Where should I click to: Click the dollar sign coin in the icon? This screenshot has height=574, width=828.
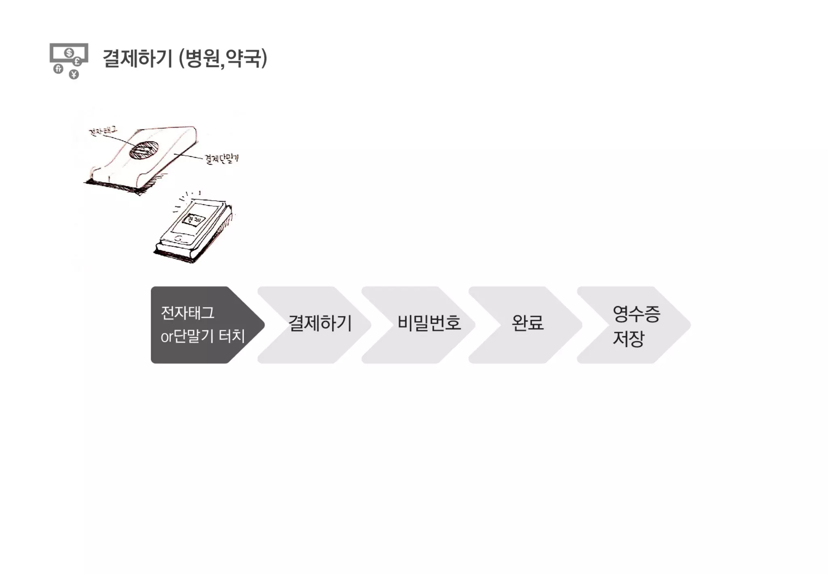[69, 53]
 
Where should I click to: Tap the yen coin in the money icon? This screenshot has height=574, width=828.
[74, 74]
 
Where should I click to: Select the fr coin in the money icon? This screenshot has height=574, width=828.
[58, 69]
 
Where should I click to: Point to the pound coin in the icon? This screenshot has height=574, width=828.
[77, 62]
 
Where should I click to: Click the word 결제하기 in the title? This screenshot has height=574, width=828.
[138, 58]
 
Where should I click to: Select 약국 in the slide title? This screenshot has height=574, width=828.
[243, 58]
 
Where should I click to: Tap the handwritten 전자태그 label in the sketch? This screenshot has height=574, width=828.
[103, 131]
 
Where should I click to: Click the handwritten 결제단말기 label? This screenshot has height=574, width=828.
[222, 158]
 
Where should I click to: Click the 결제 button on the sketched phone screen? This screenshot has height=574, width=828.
[194, 219]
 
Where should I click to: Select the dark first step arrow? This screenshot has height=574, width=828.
[202, 325]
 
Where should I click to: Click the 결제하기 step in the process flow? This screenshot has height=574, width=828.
[319, 323]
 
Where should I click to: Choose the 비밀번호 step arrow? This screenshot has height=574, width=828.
[429, 323]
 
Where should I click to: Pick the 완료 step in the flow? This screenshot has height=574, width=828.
[527, 323]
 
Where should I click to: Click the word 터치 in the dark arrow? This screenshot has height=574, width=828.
[232, 336]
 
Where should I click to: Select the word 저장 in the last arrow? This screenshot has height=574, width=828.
[628, 339]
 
